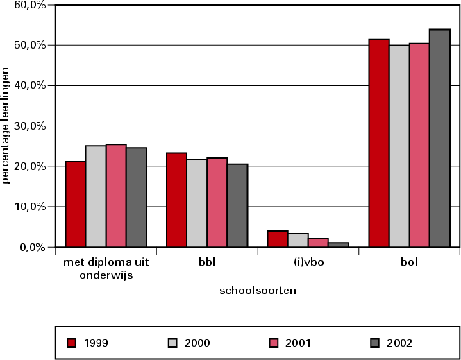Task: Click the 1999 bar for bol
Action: tap(378, 143)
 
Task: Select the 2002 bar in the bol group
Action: tap(439, 138)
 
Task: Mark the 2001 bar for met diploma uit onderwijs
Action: tap(116, 196)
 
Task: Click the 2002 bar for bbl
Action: tap(237, 205)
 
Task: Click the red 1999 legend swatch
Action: tap(72, 342)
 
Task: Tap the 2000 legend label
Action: tap(197, 342)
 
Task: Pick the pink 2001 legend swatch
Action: tap(273, 342)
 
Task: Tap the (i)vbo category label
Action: tap(308, 262)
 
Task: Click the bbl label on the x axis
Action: tap(206, 262)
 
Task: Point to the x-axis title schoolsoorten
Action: tap(258, 291)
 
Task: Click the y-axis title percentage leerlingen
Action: tap(6, 125)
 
